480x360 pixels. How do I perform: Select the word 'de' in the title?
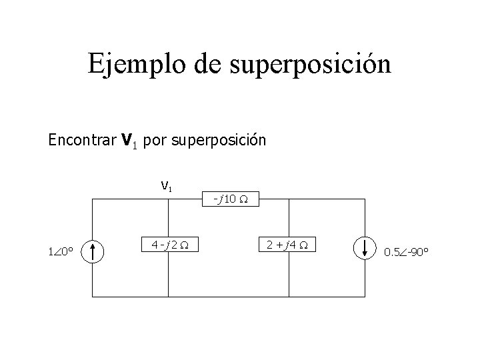click(x=211, y=65)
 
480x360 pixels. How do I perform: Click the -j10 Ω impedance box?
click(x=228, y=199)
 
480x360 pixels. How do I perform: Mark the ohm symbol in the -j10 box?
click(x=244, y=199)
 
